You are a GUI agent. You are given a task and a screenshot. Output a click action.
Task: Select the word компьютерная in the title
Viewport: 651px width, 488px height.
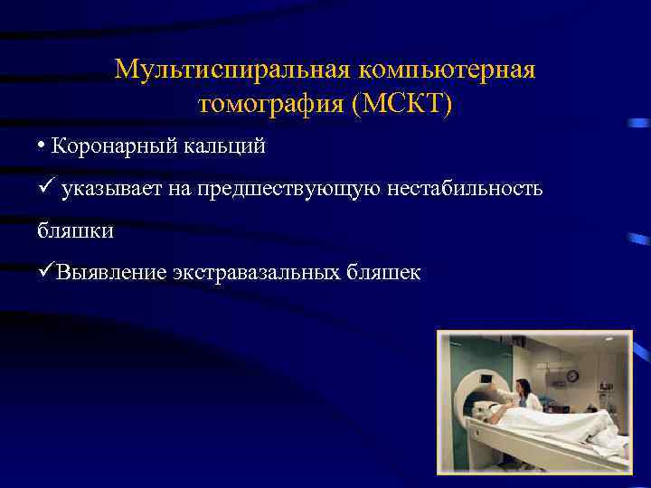click(x=448, y=70)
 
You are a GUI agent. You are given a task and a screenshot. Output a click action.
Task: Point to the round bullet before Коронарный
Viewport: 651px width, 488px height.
click(x=42, y=145)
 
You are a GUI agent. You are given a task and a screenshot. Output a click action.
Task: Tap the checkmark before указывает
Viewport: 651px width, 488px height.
click(x=46, y=187)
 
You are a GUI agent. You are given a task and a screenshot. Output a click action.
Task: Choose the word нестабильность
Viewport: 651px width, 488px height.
click(x=466, y=188)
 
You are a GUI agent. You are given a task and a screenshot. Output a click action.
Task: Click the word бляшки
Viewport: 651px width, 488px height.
click(x=75, y=230)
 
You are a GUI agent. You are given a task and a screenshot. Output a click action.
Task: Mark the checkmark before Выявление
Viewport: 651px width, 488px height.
click(x=45, y=272)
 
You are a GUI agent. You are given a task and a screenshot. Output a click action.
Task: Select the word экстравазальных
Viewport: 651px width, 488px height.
click(x=256, y=273)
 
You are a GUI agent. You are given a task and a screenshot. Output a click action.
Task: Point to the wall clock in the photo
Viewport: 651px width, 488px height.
click(x=571, y=376)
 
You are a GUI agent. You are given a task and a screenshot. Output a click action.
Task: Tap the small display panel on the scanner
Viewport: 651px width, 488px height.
click(x=486, y=379)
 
